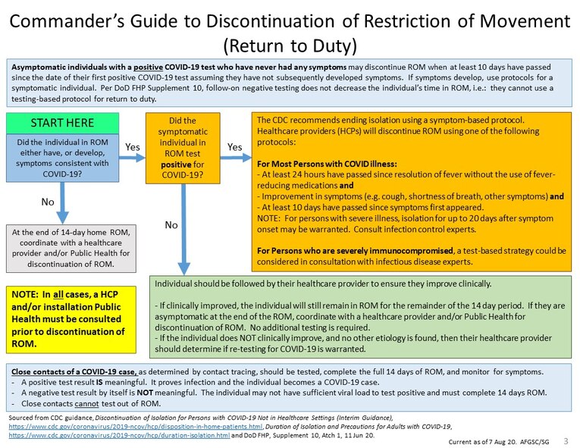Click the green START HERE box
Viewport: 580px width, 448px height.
[x=62, y=122]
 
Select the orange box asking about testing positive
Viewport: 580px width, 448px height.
[x=182, y=148]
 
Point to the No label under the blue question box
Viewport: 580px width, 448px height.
[x=47, y=203]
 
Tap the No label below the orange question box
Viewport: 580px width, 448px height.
[x=172, y=224]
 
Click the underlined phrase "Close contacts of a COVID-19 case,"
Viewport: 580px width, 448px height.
[x=74, y=373]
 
